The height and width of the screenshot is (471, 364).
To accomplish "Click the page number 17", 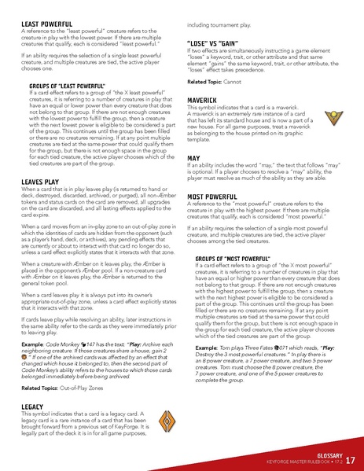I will coord(350,460).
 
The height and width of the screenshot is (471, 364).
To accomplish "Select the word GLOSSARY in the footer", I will coord(322,454).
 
